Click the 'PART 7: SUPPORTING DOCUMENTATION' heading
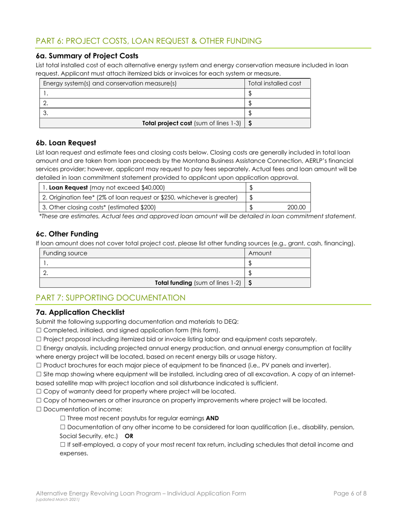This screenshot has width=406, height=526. (110, 298)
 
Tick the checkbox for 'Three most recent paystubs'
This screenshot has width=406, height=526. (62, 418)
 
